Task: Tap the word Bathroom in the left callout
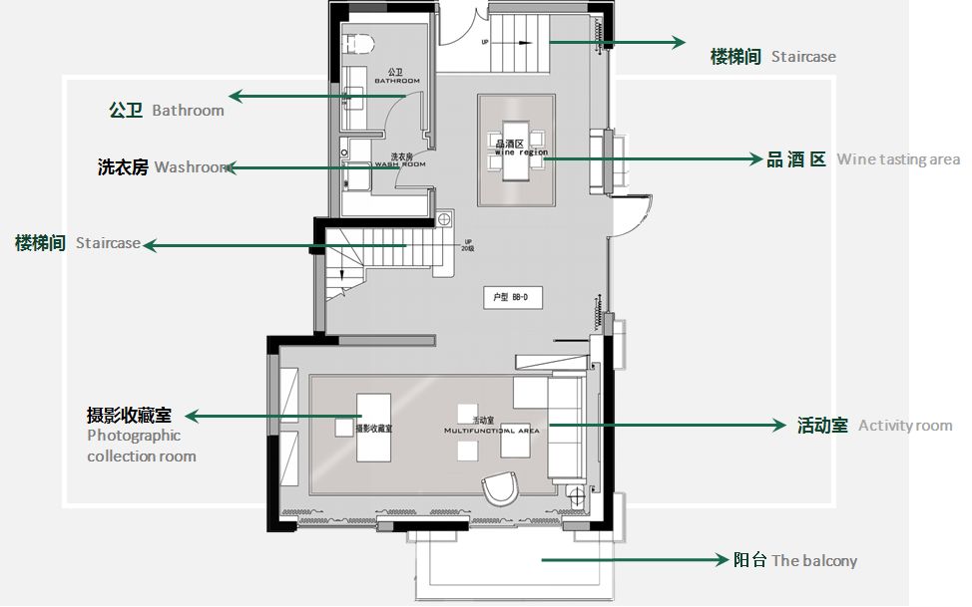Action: (188, 110)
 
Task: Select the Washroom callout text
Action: (193, 167)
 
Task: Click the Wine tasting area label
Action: (897, 159)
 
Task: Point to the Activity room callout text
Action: (904, 426)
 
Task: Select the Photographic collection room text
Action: (141, 446)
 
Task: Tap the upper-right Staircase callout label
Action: (803, 57)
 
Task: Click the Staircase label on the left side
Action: (108, 243)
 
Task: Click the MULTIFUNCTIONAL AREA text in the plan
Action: (491, 432)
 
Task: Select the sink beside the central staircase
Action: (444, 218)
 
